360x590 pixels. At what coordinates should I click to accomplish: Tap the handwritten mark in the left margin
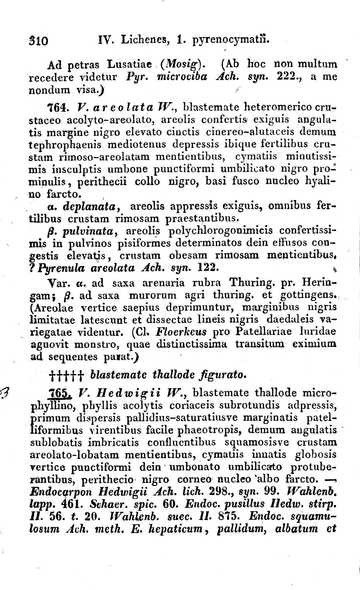(7, 392)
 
